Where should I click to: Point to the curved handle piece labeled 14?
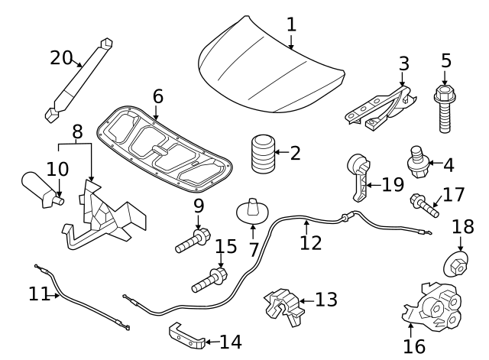click(186, 337)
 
